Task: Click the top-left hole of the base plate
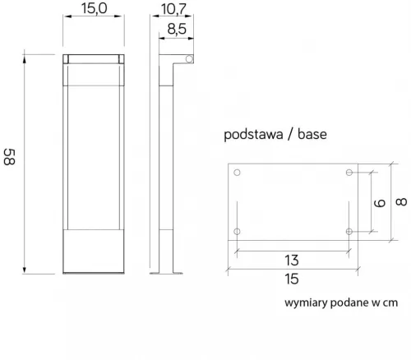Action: coord(238,173)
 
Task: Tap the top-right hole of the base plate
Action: coord(350,173)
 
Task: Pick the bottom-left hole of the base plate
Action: coord(238,232)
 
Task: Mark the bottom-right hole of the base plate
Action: coord(350,232)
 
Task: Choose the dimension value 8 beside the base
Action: coord(399,201)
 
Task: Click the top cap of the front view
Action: coord(94,59)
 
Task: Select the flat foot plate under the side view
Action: coord(171,275)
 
